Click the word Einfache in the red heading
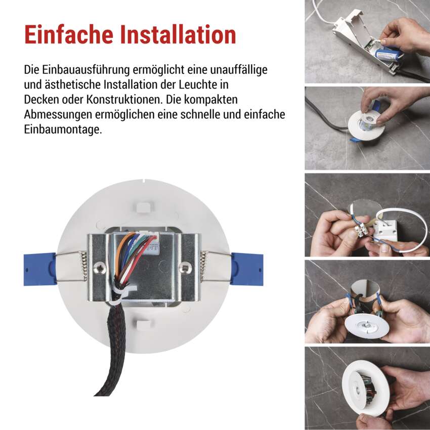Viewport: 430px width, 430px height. pos(69,34)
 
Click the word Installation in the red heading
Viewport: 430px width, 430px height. pos(178,34)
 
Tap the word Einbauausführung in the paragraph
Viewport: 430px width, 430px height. pos(85,70)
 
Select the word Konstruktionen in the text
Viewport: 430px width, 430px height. pos(123,100)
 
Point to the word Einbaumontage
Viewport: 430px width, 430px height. pos(63,130)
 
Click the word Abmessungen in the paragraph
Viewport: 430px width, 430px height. pos(58,115)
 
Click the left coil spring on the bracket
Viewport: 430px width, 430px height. pos(84,267)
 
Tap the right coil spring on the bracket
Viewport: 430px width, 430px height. pos(203,267)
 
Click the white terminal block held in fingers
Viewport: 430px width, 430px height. pos(361,229)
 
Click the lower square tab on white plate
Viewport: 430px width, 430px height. pos(145,324)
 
